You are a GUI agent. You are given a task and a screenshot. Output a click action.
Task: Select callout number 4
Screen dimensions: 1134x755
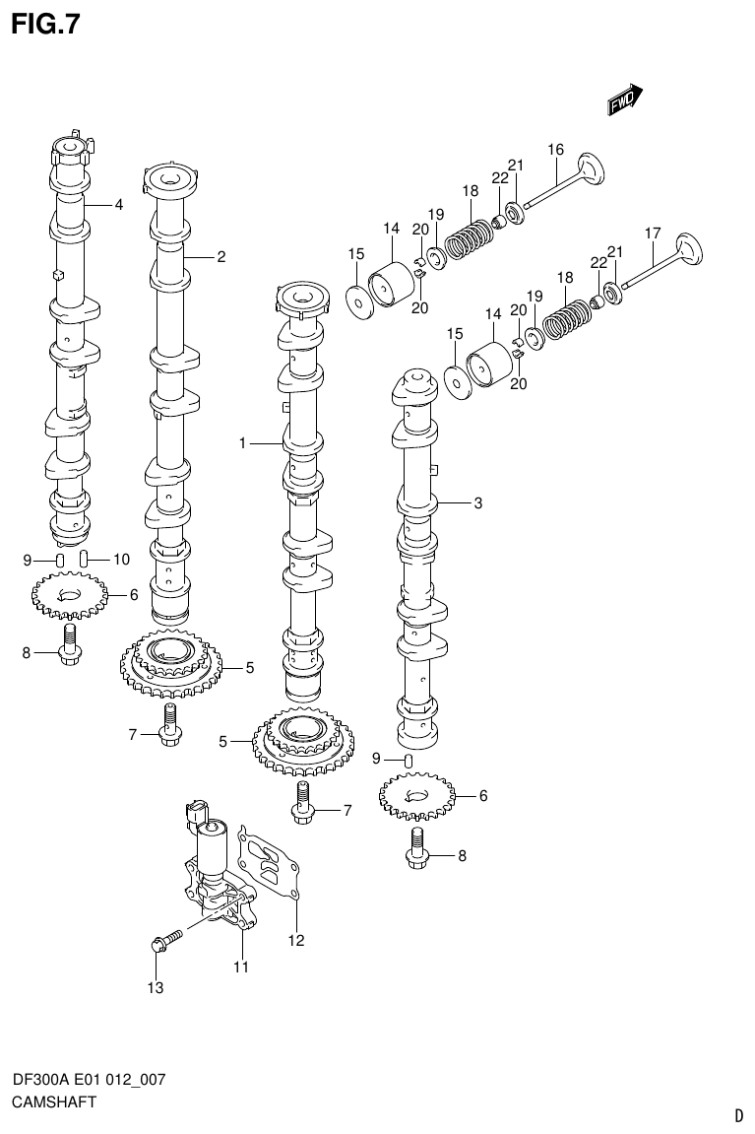point(118,205)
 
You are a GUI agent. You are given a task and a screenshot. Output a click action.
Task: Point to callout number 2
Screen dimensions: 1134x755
point(221,257)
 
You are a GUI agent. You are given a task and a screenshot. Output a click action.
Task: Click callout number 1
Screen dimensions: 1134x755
point(241,444)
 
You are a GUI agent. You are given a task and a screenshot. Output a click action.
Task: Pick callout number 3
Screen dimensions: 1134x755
point(477,503)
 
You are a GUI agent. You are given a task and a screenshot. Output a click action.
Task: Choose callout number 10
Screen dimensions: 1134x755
point(121,560)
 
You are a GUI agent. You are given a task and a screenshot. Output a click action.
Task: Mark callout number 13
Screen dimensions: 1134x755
point(154,986)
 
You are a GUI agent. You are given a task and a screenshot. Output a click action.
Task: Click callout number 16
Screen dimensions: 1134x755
point(556,150)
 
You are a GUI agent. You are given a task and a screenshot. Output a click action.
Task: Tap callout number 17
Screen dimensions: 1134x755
point(652,233)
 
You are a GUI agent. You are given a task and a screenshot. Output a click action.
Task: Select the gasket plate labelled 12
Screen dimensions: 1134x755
point(270,864)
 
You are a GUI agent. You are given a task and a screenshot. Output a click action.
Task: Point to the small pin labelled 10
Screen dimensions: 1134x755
point(85,560)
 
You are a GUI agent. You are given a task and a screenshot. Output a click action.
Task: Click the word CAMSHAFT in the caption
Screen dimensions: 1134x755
point(53,1102)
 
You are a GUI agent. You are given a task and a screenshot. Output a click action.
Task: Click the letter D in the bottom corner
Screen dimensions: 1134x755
point(738,1116)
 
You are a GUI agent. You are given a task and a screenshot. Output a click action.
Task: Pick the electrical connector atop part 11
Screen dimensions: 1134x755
point(196,813)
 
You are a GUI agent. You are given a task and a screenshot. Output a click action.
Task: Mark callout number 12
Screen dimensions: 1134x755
point(296,940)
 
